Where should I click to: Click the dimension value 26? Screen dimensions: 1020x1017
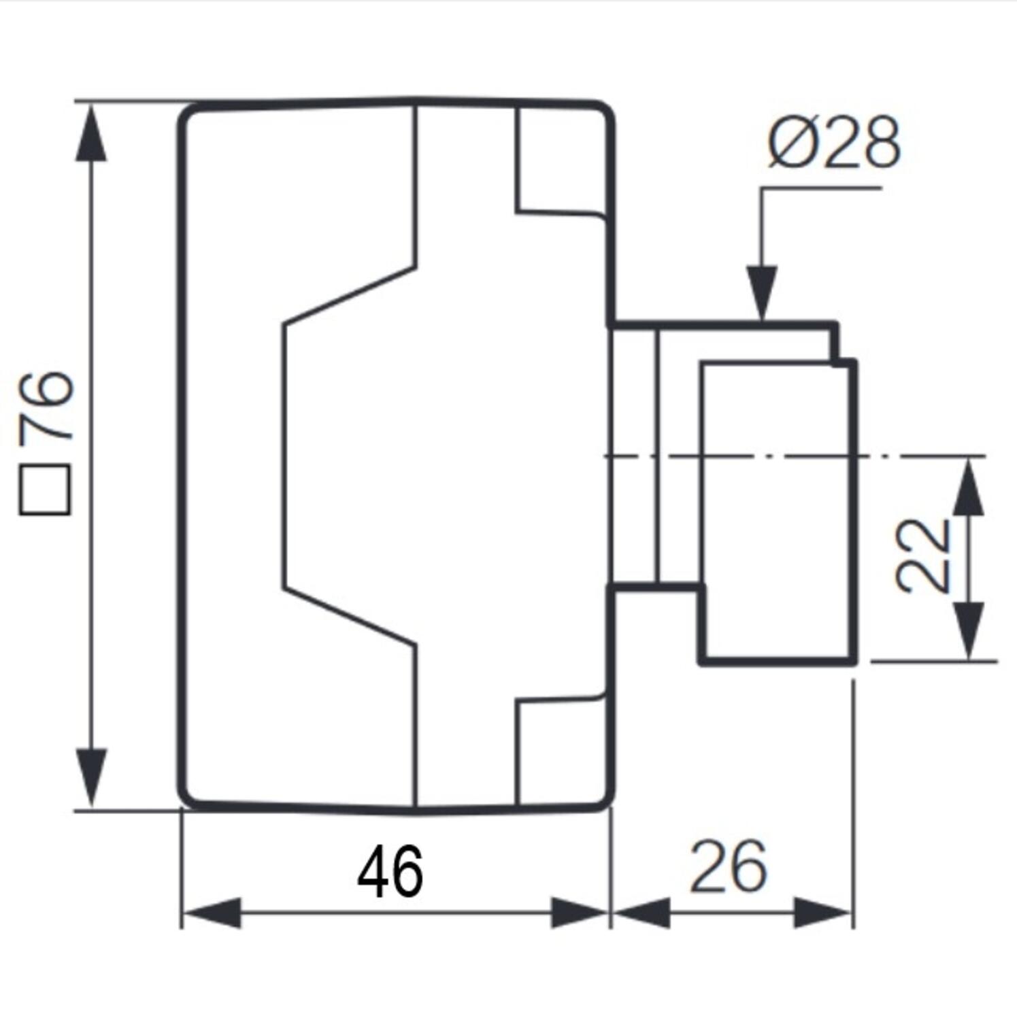pos(729,866)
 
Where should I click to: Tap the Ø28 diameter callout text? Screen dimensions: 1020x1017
pos(835,143)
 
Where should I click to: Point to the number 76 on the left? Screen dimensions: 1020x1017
pos(46,406)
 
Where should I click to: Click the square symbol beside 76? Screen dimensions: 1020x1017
pos(45,490)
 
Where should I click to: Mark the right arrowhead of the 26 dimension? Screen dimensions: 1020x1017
pos(823,913)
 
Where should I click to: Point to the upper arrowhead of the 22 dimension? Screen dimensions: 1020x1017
pos(969,487)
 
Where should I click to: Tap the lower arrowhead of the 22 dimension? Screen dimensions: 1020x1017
pos(969,630)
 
